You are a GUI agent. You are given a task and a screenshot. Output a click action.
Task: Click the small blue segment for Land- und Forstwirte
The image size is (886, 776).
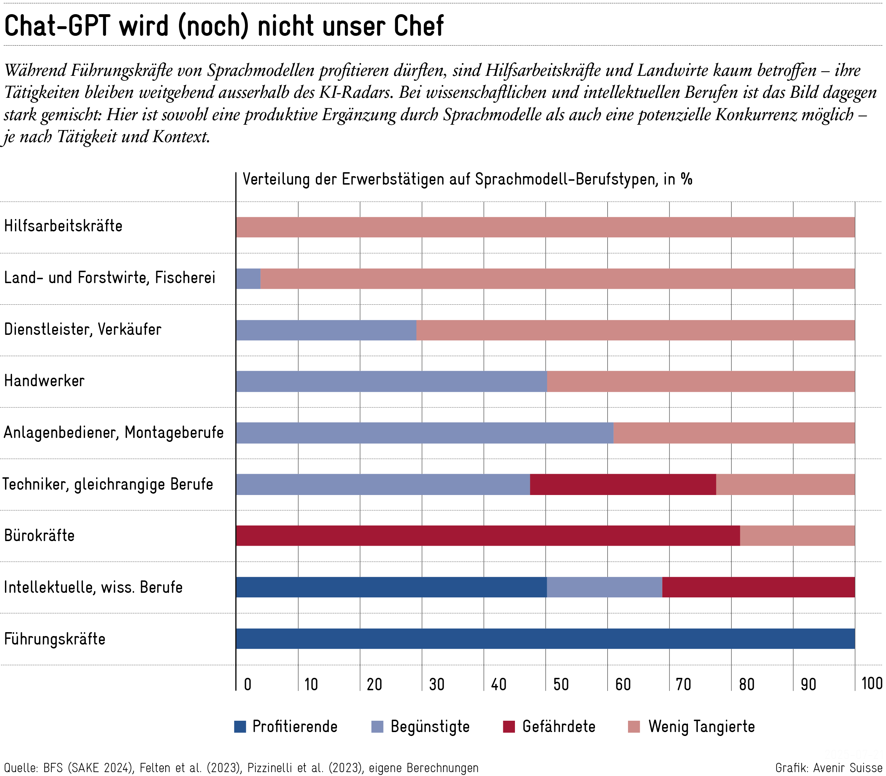point(248,279)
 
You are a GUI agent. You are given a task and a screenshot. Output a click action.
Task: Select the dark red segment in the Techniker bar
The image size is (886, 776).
point(623,484)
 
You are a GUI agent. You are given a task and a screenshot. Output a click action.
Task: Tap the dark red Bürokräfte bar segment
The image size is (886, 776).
point(488,536)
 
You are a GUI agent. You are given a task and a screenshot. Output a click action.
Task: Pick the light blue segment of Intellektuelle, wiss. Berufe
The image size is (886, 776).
point(604,587)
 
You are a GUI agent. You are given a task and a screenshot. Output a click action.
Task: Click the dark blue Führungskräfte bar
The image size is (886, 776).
point(545,639)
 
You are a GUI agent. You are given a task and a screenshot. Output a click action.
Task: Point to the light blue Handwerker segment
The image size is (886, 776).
point(392,382)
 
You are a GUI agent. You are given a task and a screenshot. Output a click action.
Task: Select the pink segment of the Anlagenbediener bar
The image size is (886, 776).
point(734,433)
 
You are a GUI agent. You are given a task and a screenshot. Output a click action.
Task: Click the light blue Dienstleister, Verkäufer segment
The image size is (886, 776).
point(326,330)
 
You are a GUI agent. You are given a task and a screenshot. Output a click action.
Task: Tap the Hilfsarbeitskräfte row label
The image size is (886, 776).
point(63,226)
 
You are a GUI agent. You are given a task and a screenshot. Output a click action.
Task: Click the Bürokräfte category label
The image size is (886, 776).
point(39,536)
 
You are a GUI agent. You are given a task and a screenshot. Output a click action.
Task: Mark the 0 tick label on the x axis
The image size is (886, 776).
point(248,685)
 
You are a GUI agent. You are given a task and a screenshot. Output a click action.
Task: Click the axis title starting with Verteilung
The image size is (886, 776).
point(467,179)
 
